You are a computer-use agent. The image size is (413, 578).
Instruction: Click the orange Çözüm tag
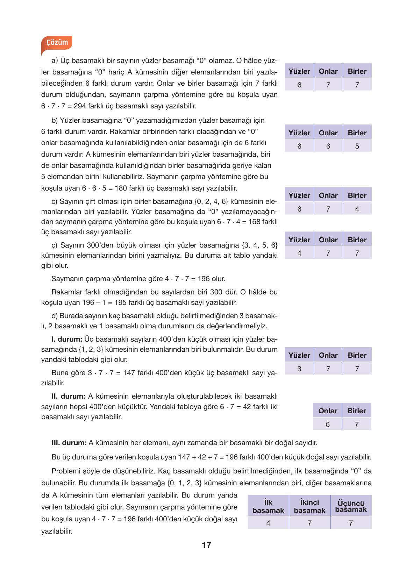pos(57,43)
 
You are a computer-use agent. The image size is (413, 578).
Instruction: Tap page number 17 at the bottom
pos(206,545)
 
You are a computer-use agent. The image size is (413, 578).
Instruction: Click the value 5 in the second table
pos(357,146)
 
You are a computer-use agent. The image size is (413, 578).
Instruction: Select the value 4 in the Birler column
pos(357,209)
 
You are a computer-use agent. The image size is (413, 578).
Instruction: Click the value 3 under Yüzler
pos(299,369)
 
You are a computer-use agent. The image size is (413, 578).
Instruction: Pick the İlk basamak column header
pos(268,506)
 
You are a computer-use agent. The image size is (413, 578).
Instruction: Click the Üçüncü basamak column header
pos(351,506)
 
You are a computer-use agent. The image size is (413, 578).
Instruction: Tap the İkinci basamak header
pos(309,506)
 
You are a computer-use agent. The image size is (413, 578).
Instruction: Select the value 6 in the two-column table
pos(328,424)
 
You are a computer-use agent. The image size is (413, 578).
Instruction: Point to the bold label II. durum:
pos(68,396)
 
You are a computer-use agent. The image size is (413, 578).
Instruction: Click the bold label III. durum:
pos(69,443)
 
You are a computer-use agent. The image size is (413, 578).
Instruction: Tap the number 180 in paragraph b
pos(121,188)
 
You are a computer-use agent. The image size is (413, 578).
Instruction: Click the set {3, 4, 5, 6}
pos(259,245)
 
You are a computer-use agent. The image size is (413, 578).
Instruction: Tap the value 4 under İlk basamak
pos(268,523)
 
